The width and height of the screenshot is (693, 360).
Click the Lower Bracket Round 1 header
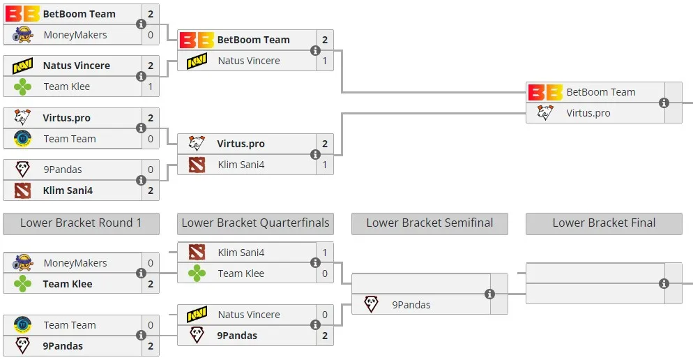(81, 223)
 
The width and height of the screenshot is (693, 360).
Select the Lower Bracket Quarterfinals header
(255, 223)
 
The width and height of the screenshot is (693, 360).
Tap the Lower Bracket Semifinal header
(429, 223)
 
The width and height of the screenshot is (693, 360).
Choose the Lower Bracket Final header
(604, 223)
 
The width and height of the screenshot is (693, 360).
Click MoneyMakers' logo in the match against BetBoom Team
(22, 35)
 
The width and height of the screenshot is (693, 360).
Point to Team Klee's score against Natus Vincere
(151, 87)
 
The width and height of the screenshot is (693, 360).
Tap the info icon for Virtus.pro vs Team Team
(141, 128)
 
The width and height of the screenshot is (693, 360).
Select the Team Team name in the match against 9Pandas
(70, 325)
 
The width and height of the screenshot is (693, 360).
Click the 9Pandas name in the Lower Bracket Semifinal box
(411, 305)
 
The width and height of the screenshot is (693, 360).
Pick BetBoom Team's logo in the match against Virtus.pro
(545, 92)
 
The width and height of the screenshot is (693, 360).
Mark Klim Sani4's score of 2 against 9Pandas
(151, 190)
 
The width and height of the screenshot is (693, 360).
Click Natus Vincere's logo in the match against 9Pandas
(197, 315)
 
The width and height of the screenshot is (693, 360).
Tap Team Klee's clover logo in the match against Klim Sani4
(197, 273)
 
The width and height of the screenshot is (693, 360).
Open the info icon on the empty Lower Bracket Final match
(664, 283)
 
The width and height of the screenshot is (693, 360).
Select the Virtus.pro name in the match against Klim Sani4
(241, 144)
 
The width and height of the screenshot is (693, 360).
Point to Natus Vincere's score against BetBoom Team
(325, 61)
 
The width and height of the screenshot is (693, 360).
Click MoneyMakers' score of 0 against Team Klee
(151, 263)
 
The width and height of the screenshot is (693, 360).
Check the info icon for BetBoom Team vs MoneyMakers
(141, 24)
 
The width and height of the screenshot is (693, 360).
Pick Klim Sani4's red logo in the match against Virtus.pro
(197, 165)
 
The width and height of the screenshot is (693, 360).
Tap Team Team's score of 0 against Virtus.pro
(151, 139)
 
